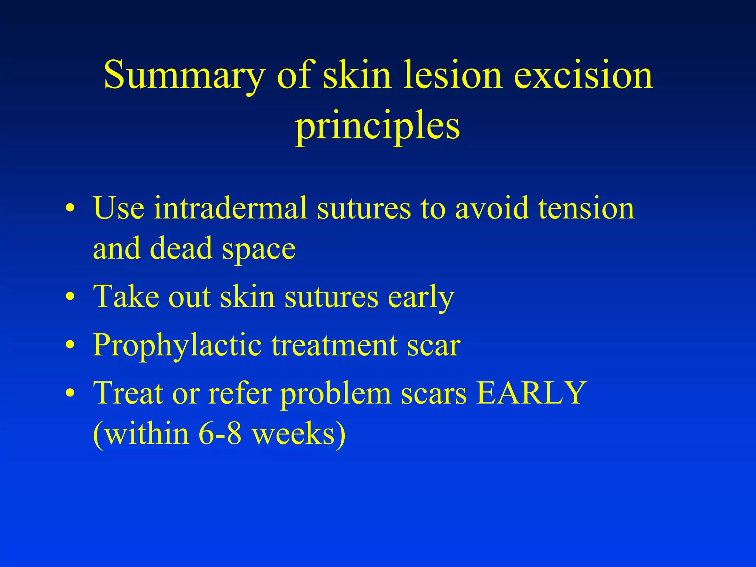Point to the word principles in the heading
[x=377, y=126]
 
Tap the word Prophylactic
[x=177, y=346]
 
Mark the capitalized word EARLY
[x=532, y=393]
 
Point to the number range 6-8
[x=220, y=433]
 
